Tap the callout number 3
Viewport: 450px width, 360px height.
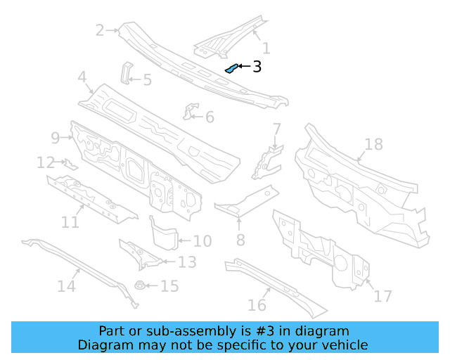pos(257,67)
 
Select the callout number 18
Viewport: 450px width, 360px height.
pos(374,145)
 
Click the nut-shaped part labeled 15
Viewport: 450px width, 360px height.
pos(141,286)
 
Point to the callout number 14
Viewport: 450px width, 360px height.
pos(66,286)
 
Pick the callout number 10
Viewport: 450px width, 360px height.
pos(202,241)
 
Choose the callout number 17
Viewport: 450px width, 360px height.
pos(382,296)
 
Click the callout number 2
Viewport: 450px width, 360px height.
pos(100,30)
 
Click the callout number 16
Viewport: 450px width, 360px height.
pos(257,304)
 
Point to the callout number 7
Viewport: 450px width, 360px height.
pos(277,129)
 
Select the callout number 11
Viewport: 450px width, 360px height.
pos(70,222)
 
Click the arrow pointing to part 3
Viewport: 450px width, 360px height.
pos(243,67)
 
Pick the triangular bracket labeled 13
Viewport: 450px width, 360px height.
pos(139,255)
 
